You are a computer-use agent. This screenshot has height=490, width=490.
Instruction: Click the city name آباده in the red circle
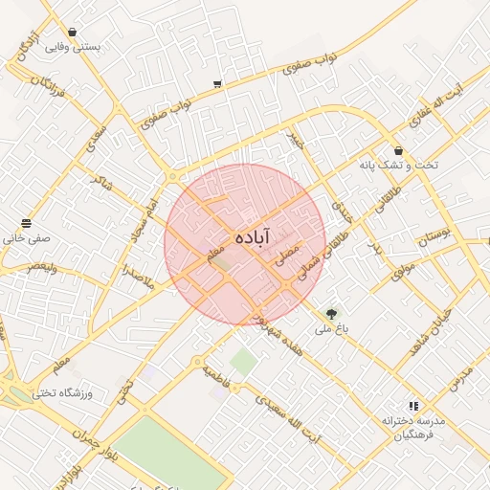(251, 235)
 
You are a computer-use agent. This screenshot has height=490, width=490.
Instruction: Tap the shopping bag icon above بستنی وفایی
(73, 32)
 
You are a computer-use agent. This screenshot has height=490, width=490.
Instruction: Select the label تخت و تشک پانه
(398, 165)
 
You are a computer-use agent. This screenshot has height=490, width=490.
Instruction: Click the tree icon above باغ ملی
(331, 312)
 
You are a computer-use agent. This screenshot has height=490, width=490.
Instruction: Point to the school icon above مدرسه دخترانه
(413, 406)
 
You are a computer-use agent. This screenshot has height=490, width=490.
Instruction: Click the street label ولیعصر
(41, 267)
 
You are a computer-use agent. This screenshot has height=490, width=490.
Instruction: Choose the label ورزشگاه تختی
(59, 392)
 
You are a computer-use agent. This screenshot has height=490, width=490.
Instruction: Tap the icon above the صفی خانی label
(26, 224)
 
